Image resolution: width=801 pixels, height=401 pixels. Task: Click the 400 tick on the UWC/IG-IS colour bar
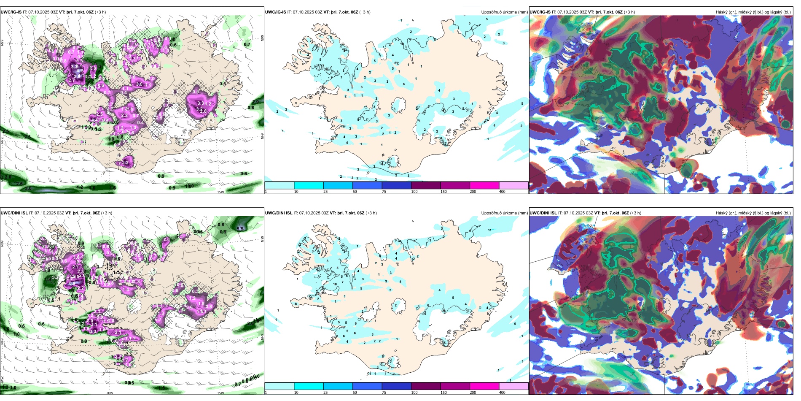[x=502, y=192]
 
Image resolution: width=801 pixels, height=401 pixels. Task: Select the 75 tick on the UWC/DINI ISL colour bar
[x=384, y=393]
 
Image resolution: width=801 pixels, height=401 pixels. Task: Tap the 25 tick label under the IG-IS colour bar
[x=325, y=192]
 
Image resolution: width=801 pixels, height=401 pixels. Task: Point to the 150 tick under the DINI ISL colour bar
[x=444, y=393]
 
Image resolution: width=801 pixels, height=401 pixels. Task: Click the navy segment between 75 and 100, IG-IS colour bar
[x=396, y=185]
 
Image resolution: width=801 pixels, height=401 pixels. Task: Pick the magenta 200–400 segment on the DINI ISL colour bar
[x=484, y=386]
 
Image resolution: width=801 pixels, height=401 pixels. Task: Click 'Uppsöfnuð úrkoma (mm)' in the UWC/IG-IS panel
[x=504, y=12]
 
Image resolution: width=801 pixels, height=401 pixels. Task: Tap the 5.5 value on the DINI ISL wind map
[x=240, y=229]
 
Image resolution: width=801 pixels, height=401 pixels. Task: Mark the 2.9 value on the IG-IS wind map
[x=255, y=102]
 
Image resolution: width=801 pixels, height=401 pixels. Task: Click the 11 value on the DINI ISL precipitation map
[x=489, y=230]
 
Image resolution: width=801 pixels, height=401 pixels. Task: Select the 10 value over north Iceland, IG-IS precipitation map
[x=402, y=44]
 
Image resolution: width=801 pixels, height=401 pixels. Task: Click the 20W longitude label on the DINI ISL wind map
[x=110, y=393]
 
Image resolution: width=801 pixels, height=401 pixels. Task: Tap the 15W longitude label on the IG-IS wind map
[x=220, y=192]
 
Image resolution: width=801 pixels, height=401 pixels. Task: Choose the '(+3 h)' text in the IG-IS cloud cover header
[x=629, y=12]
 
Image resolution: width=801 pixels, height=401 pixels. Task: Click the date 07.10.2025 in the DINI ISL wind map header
[x=46, y=213]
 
